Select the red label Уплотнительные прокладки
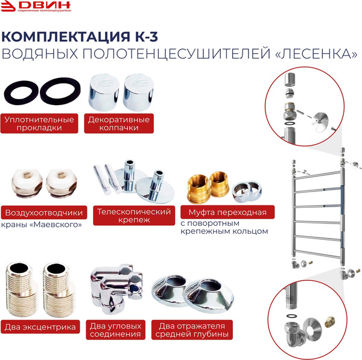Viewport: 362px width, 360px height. click(x=40, y=123)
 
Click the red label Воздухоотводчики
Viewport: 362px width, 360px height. click(x=43, y=213)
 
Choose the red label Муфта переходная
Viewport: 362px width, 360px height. click(x=227, y=213)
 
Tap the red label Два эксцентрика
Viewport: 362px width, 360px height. click(x=40, y=327)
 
